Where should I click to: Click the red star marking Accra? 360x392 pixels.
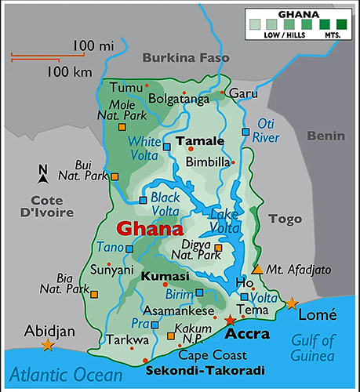pyautogui.click(x=229, y=321)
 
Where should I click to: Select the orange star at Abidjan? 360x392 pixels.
pyautogui.click(x=48, y=345)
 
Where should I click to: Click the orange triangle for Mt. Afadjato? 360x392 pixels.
pyautogui.click(x=257, y=269)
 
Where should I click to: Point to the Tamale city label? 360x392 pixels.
pyautogui.click(x=201, y=141)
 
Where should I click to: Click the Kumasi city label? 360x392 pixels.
pyautogui.click(x=165, y=278)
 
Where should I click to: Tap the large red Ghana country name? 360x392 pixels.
pyautogui.click(x=149, y=230)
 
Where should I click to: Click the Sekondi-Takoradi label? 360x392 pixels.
pyautogui.click(x=205, y=369)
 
